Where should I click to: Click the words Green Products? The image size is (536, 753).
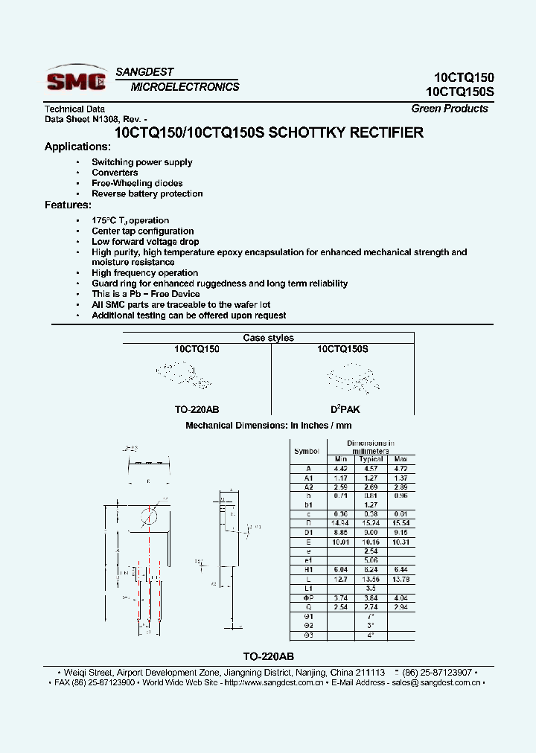[450, 109]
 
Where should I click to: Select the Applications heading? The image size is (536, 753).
[77, 147]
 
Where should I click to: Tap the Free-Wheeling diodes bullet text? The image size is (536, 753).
[137, 183]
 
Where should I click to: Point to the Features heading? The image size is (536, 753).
[68, 205]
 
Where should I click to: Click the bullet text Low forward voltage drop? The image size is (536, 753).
[145, 242]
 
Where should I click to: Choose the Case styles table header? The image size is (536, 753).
[268, 338]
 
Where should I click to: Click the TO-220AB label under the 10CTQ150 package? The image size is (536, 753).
[197, 410]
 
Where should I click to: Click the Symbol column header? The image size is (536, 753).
[307, 451]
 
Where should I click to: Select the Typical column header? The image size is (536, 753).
[371, 459]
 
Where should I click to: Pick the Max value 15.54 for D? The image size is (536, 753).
[401, 523]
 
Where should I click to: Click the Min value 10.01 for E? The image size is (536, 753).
[340, 542]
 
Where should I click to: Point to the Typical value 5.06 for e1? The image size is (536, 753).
[371, 560]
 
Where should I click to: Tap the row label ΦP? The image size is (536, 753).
[307, 597]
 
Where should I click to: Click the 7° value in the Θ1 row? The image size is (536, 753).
[371, 617]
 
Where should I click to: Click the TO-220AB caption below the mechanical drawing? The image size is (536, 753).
[268, 657]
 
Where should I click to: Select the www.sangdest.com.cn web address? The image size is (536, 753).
[273, 682]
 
